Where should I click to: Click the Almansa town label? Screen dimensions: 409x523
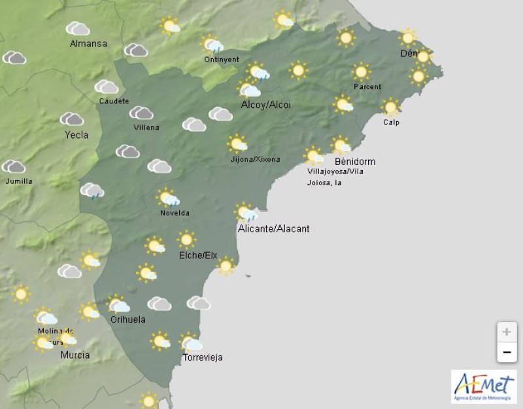click(88, 44)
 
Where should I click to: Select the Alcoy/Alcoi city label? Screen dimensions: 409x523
click(265, 105)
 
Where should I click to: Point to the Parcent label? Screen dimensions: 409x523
click(367, 86)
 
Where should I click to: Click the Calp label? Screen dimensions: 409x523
click(391, 122)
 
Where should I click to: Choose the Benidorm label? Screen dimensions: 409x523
click(355, 161)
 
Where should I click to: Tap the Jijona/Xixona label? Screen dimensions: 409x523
click(255, 159)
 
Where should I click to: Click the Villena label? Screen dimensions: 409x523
click(146, 127)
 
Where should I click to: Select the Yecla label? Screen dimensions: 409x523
click(76, 135)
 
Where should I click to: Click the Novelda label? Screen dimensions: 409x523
click(175, 213)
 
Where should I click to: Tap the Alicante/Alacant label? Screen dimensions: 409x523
click(273, 228)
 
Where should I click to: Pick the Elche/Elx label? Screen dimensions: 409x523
click(198, 255)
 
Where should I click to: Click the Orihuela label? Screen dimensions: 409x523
click(127, 320)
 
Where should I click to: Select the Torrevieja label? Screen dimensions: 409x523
click(203, 357)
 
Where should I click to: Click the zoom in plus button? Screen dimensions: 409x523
click(506, 332)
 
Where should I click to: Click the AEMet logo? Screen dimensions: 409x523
click(483, 385)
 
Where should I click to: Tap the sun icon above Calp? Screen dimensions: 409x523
click(390, 107)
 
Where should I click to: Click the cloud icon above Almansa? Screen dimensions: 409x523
click(78, 29)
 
